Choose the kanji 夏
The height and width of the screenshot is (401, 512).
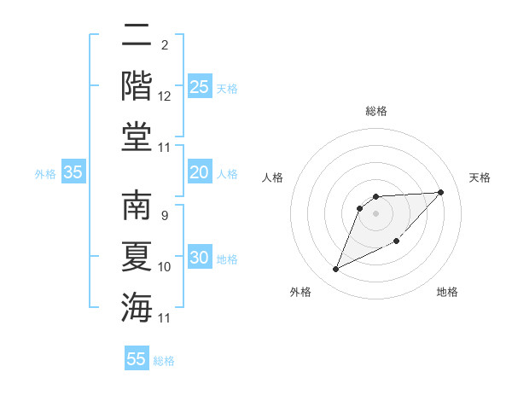point(136,257)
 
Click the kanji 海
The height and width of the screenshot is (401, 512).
point(136,305)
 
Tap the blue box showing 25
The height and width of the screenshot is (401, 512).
point(199,87)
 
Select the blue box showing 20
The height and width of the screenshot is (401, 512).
point(199,172)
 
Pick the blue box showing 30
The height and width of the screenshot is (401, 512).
point(199,259)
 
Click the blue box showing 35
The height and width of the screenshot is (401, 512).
point(73,172)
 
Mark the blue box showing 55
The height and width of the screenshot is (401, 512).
point(137,359)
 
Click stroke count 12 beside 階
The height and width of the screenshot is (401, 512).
point(165,96)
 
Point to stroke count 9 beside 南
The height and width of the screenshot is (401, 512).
point(164,216)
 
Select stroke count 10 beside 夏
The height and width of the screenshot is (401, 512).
point(165,267)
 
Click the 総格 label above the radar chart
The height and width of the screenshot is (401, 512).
point(375,111)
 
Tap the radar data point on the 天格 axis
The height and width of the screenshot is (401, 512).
point(440,192)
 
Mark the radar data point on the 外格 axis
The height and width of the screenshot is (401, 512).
point(335,270)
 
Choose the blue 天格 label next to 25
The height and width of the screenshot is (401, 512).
point(227,89)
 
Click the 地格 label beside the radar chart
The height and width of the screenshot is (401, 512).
point(447,293)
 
